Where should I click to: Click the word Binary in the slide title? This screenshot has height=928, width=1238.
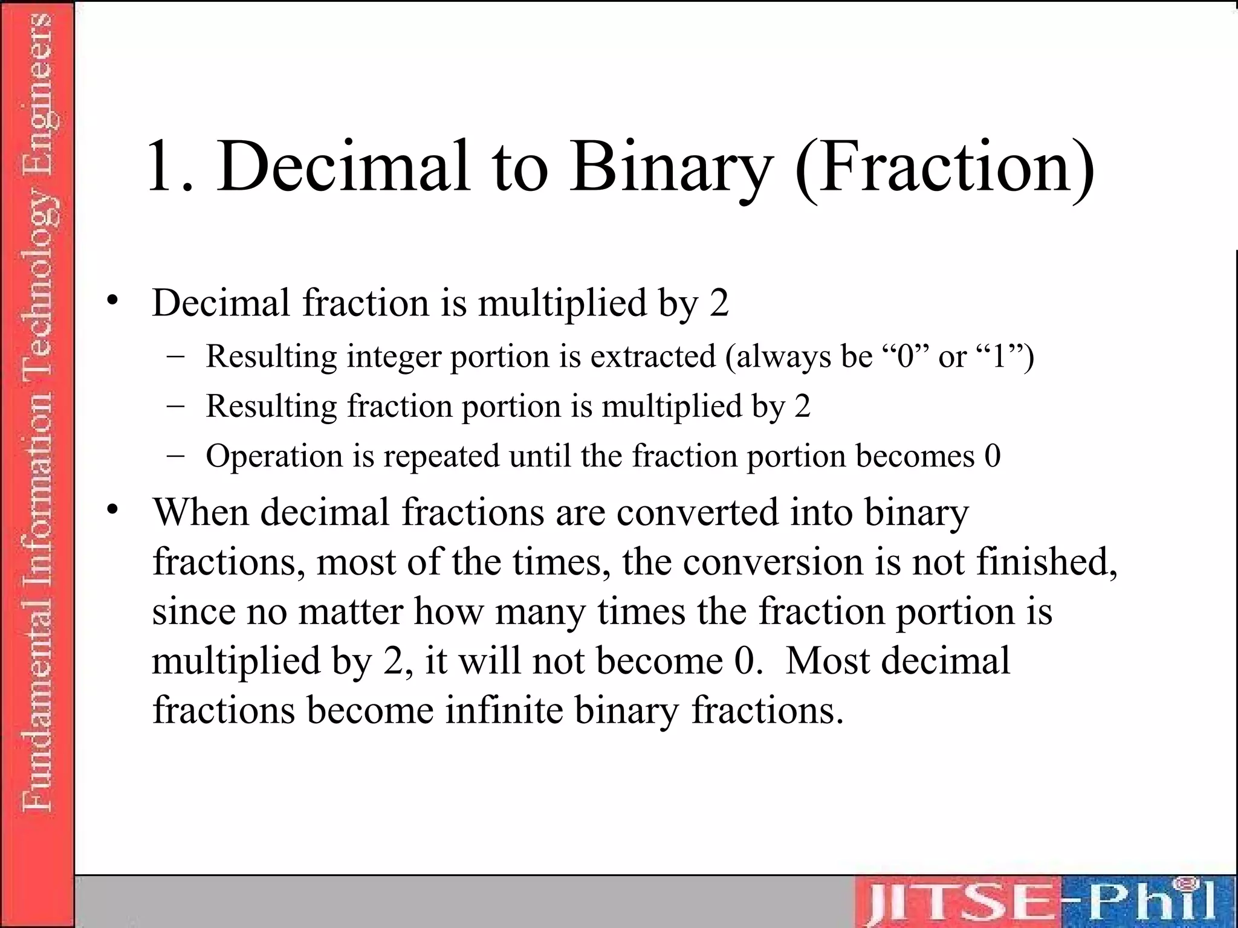[x=671, y=166]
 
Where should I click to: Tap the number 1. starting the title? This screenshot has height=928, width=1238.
[x=170, y=166]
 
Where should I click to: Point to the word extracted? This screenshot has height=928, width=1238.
[x=653, y=356]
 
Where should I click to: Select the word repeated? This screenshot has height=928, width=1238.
[x=441, y=457]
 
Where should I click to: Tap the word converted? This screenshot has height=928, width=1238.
[x=698, y=512]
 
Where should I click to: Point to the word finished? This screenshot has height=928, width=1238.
[x=1046, y=562]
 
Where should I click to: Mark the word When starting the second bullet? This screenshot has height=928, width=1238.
[x=201, y=512]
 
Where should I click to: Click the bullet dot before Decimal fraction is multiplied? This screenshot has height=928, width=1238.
[x=112, y=301]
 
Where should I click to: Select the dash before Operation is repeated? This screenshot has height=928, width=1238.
[x=175, y=456]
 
